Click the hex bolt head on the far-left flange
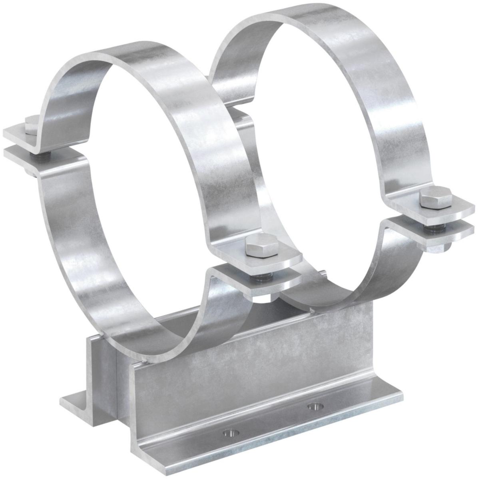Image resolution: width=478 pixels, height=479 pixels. point(31,123)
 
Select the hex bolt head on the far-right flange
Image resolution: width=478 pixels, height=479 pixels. point(435,198)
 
